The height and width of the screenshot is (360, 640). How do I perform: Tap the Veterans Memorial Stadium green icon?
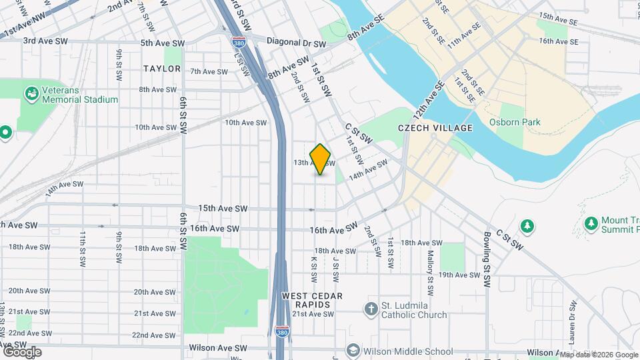tap(31, 93)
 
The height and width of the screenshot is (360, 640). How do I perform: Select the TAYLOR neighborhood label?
tap(162, 69)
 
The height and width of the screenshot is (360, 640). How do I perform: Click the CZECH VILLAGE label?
tap(435, 128)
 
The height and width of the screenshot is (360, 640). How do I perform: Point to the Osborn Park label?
tap(515, 122)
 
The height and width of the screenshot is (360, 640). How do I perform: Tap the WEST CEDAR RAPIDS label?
tap(312, 300)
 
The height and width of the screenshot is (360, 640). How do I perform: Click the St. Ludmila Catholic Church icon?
tap(371, 309)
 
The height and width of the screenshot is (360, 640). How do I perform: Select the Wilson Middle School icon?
tap(353, 351)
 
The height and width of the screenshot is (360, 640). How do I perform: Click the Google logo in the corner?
tap(22, 352)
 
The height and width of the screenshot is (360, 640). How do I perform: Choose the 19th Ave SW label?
tap(459, 275)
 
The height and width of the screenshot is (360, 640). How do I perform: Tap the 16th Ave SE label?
tap(559, 41)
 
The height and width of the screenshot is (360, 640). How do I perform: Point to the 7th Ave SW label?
tap(209, 71)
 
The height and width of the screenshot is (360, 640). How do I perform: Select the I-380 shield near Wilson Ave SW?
tap(281, 331)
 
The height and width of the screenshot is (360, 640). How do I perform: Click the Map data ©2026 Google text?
tap(599, 355)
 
